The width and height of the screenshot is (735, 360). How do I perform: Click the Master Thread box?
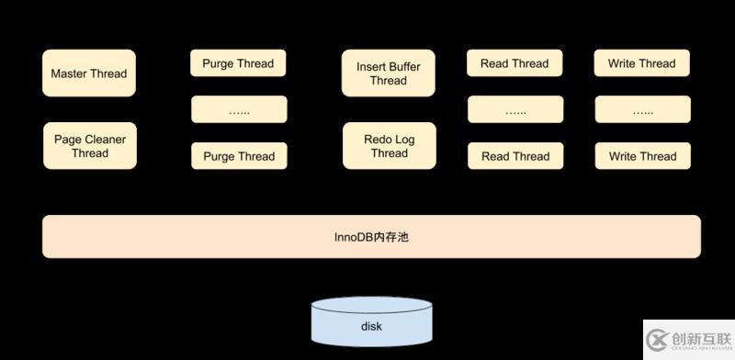pos(89,73)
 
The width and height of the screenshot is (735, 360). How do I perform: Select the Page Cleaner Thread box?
pos(89,146)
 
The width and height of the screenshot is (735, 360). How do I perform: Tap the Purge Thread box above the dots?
pos(239,63)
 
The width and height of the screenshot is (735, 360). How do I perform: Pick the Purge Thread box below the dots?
pos(239,156)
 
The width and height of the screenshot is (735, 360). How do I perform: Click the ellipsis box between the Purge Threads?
pos(239,110)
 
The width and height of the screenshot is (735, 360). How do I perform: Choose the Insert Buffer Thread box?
pos(389,73)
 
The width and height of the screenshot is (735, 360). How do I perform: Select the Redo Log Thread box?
pos(389,146)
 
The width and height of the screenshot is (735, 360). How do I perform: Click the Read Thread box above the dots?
pos(514,63)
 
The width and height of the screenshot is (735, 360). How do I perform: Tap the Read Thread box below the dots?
pos(514,156)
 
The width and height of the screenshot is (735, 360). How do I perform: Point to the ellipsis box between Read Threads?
pos(514,110)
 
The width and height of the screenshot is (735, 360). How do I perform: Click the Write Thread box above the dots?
pos(641,63)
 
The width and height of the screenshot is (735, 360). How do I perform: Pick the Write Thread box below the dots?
pos(641,156)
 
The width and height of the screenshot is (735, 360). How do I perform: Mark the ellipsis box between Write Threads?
pos(641,110)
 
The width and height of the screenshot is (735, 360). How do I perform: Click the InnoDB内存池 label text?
pos(370,237)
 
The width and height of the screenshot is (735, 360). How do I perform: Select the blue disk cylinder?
pos(370,322)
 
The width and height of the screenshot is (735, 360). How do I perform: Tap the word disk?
pos(370,326)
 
